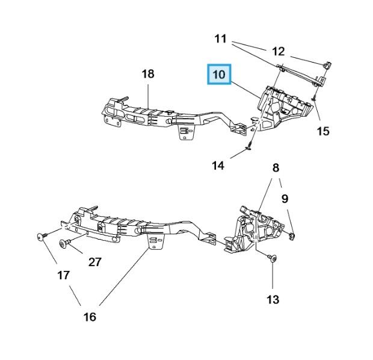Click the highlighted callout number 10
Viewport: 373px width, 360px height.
coord(219,74)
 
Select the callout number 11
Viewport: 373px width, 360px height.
coord(221,39)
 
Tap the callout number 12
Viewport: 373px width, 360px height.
coord(278,51)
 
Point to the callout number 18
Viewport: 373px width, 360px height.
coord(148,74)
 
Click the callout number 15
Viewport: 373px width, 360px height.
coord(323,131)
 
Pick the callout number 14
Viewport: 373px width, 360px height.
coord(218,166)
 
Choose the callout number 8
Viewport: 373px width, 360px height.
coord(276,168)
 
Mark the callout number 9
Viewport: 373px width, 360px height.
coord(285,199)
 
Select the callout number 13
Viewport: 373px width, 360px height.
coord(273,300)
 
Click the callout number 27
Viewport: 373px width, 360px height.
coord(95,262)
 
